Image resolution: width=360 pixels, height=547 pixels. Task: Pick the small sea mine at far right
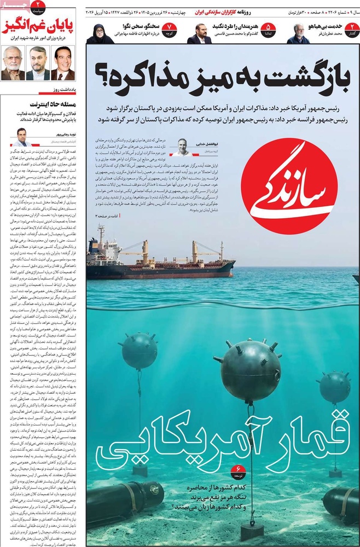334,387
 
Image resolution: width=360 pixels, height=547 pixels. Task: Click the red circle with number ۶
239,469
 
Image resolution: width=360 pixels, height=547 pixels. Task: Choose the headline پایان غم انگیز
39,25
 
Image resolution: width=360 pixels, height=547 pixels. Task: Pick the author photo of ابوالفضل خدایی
181,145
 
